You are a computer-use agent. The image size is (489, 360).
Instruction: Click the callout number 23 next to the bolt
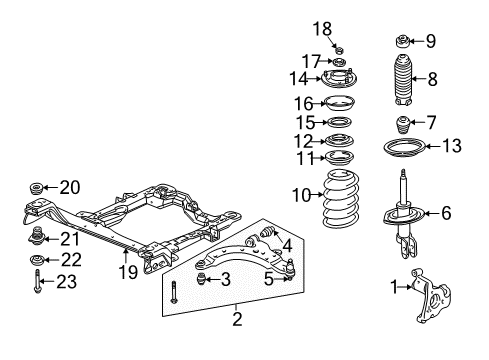(38, 310)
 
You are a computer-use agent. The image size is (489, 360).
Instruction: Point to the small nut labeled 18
(340, 50)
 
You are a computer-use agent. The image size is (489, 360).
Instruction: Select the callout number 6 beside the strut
(447, 240)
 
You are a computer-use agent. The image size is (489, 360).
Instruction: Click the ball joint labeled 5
(288, 267)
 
